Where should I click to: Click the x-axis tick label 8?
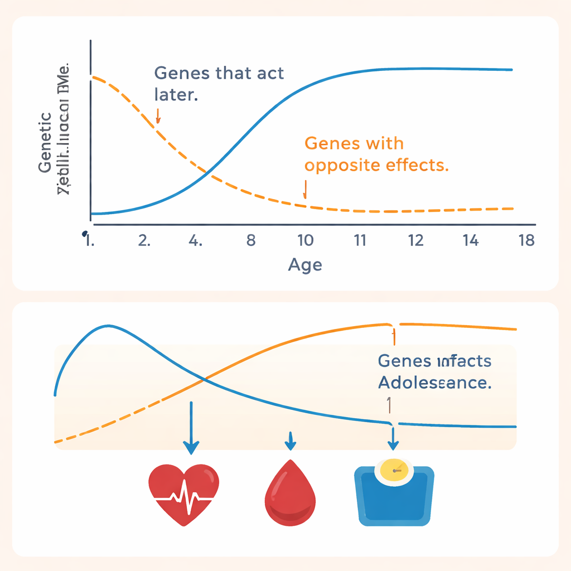click(250, 241)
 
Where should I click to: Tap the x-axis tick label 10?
click(305, 241)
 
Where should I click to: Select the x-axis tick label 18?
click(526, 241)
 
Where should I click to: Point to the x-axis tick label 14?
click(471, 241)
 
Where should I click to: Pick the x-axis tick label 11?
click(360, 241)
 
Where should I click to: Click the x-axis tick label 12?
click(416, 241)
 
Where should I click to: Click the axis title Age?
click(304, 265)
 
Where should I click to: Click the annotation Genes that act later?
click(218, 83)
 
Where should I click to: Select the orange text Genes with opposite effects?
click(377, 154)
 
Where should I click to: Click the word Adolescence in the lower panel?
click(434, 383)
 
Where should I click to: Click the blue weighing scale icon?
click(394, 493)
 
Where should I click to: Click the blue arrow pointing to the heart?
click(191, 427)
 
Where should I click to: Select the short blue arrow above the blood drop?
click(289, 441)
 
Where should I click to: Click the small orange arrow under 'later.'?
click(158, 115)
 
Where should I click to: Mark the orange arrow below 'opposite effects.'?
click(305, 189)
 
